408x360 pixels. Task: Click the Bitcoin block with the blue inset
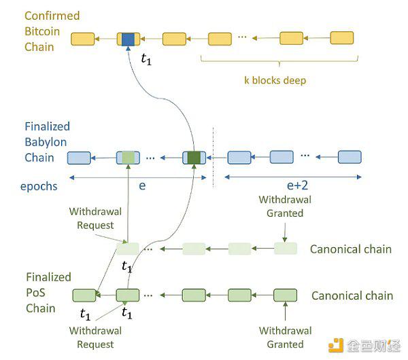click(129, 39)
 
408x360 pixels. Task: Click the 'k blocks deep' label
click(275, 80)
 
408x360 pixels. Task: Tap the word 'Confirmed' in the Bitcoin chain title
click(52, 16)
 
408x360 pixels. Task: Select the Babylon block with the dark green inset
click(194, 158)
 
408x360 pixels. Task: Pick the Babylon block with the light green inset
click(128, 158)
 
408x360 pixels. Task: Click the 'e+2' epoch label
click(297, 185)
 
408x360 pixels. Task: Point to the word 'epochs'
click(39, 186)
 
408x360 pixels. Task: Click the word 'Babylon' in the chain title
click(46, 142)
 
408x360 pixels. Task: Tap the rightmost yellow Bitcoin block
click(342, 38)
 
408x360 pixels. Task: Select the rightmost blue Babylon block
click(350, 157)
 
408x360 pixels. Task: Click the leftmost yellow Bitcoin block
click(83, 39)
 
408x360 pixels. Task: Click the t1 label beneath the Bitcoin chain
click(146, 59)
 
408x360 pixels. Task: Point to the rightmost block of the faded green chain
click(286, 249)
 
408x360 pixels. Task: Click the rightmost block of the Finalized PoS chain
click(285, 295)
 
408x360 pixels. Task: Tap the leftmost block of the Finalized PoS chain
click(84, 295)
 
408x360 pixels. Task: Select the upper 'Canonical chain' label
click(351, 249)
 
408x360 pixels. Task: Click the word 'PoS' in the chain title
click(35, 293)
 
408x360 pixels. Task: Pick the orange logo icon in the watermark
click(336, 346)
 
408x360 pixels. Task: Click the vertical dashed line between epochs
click(214, 158)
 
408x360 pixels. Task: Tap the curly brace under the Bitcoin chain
click(279, 61)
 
